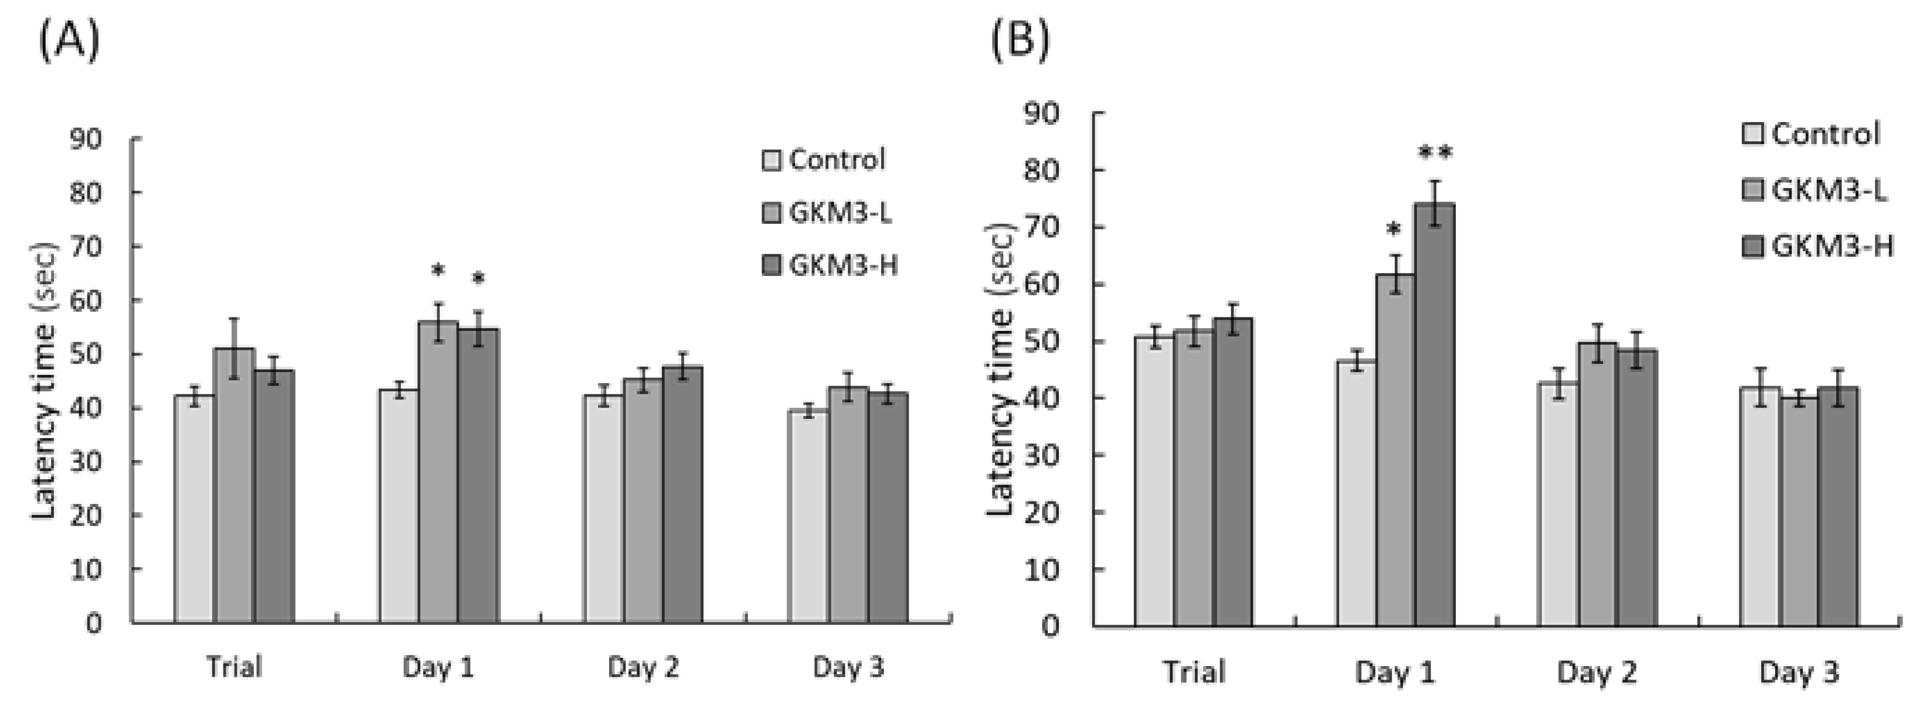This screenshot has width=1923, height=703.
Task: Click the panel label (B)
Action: point(1020,39)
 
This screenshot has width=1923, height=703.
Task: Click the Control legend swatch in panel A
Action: point(771,161)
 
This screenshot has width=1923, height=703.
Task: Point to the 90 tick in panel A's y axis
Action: point(86,139)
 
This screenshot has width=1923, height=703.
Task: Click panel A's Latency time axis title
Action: point(44,381)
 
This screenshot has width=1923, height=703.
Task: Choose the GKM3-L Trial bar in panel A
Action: point(235,485)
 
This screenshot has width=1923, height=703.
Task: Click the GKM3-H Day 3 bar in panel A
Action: point(888,507)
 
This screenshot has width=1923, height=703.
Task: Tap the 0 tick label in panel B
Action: point(1049,626)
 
